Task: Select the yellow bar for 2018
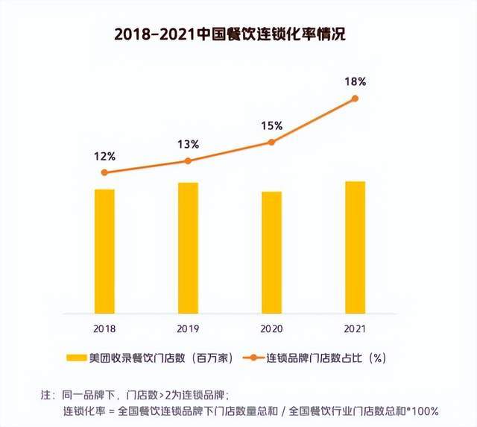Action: [x=104, y=251]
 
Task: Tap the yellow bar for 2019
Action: [x=188, y=248]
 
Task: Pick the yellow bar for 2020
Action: [x=271, y=252]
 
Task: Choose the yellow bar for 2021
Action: [x=356, y=247]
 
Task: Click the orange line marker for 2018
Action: [x=104, y=172]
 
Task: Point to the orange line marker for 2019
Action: [x=188, y=161]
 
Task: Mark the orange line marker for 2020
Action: [x=271, y=142]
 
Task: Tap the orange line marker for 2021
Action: [x=356, y=98]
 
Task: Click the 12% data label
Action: [x=104, y=156]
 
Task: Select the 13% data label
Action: [x=188, y=144]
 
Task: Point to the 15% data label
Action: [x=271, y=125]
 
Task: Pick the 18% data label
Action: [x=356, y=81]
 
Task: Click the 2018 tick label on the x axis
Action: [x=104, y=328]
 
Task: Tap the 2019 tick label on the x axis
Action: [x=188, y=328]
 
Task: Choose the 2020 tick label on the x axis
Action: [x=271, y=328]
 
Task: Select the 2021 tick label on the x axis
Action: [x=356, y=328]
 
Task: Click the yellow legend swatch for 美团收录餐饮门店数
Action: [x=75, y=358]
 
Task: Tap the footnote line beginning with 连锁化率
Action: [x=250, y=411]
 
